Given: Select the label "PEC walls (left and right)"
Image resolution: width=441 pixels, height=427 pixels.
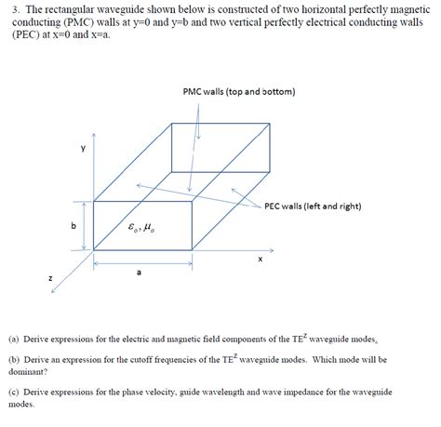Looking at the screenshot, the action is (x=313, y=206).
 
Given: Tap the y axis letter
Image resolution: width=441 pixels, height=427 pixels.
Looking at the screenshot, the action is (x=83, y=148).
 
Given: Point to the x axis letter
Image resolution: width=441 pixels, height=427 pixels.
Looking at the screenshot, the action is (x=261, y=260).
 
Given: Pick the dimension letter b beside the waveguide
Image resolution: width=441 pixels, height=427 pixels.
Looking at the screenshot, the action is (x=72, y=226).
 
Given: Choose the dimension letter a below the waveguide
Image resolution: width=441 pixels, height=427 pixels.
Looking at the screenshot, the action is (x=139, y=273).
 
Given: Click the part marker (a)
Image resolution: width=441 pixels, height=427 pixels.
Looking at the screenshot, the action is (x=14, y=341).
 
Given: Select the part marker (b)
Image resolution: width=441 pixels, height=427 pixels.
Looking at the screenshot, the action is (x=14, y=359).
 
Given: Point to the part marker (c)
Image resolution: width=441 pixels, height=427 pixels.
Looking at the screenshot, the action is (x=14, y=393).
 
